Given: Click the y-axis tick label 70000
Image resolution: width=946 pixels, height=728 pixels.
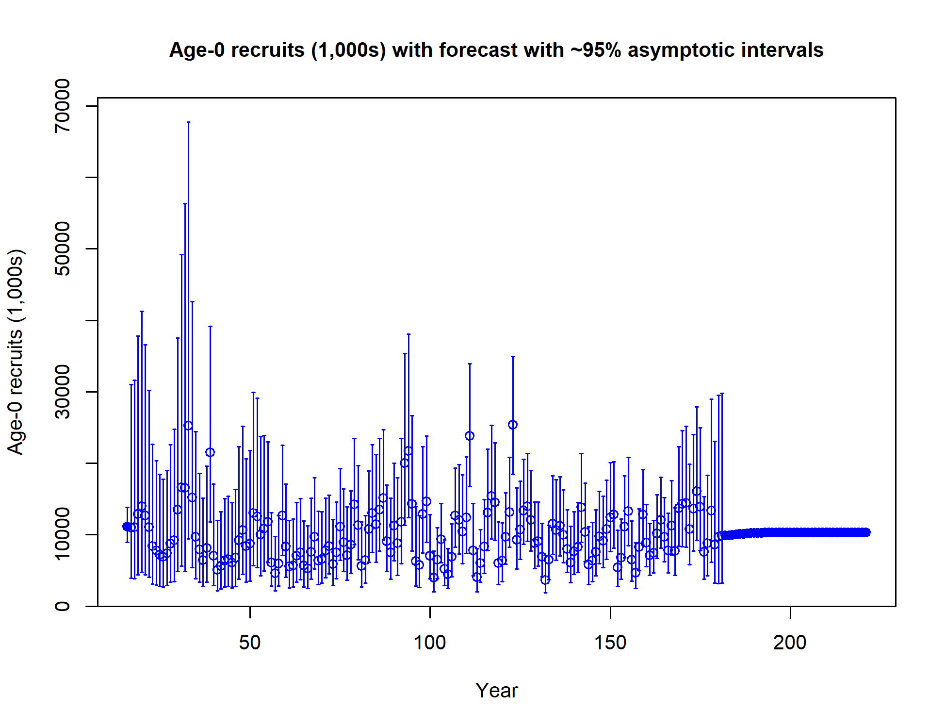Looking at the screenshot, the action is point(62,105).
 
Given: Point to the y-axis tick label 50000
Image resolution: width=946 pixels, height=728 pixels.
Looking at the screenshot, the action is point(62,248).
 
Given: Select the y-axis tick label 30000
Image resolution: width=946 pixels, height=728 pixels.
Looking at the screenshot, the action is point(62,392).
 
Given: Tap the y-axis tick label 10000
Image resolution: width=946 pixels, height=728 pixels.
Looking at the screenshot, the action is point(62,534).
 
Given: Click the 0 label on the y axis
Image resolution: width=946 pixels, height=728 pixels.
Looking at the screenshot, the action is point(62,606).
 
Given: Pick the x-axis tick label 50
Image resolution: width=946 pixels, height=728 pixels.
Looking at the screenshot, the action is point(250,643).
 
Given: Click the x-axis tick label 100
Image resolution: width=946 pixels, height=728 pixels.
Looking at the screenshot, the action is point(430,643).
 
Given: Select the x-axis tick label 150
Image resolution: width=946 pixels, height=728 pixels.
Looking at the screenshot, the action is point(610,643).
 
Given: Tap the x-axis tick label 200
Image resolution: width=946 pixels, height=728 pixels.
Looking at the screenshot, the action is point(790,643).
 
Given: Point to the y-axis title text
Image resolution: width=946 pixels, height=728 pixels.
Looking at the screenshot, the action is point(16,352).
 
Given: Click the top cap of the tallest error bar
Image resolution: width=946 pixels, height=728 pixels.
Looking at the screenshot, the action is point(188,122).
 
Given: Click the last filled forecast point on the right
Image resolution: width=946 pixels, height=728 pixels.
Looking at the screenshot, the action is point(866,532).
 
